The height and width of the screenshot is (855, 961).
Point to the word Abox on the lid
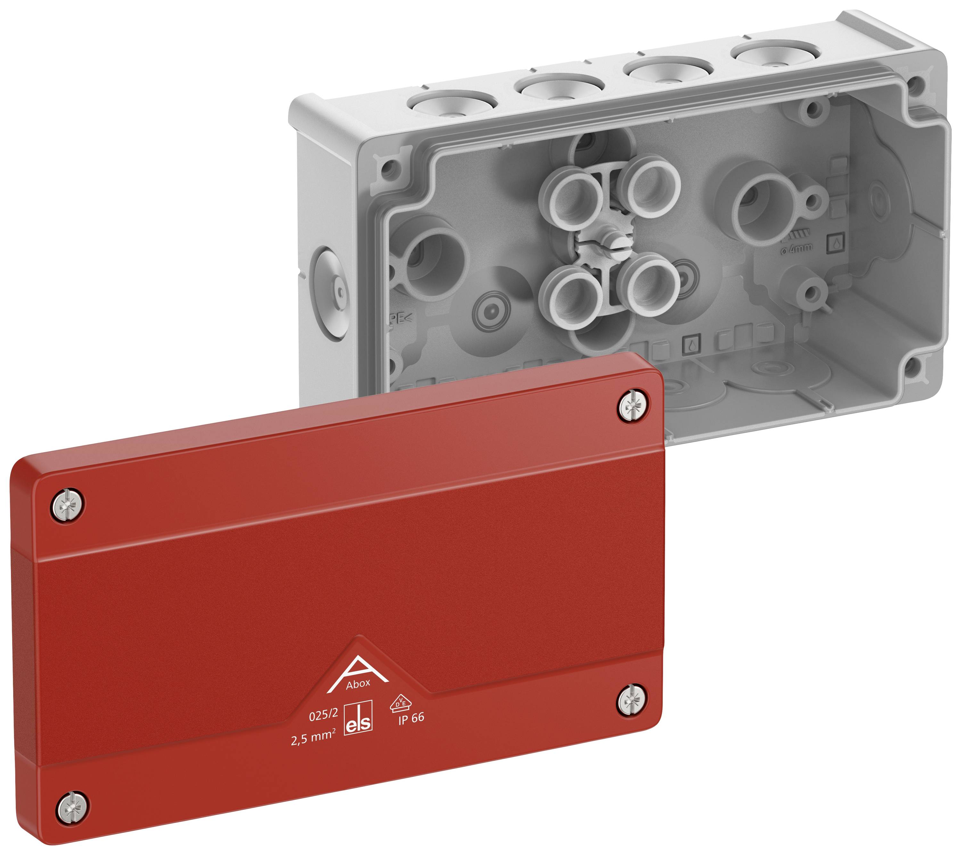click(358, 684)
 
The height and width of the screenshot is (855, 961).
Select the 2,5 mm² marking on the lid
click(313, 740)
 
